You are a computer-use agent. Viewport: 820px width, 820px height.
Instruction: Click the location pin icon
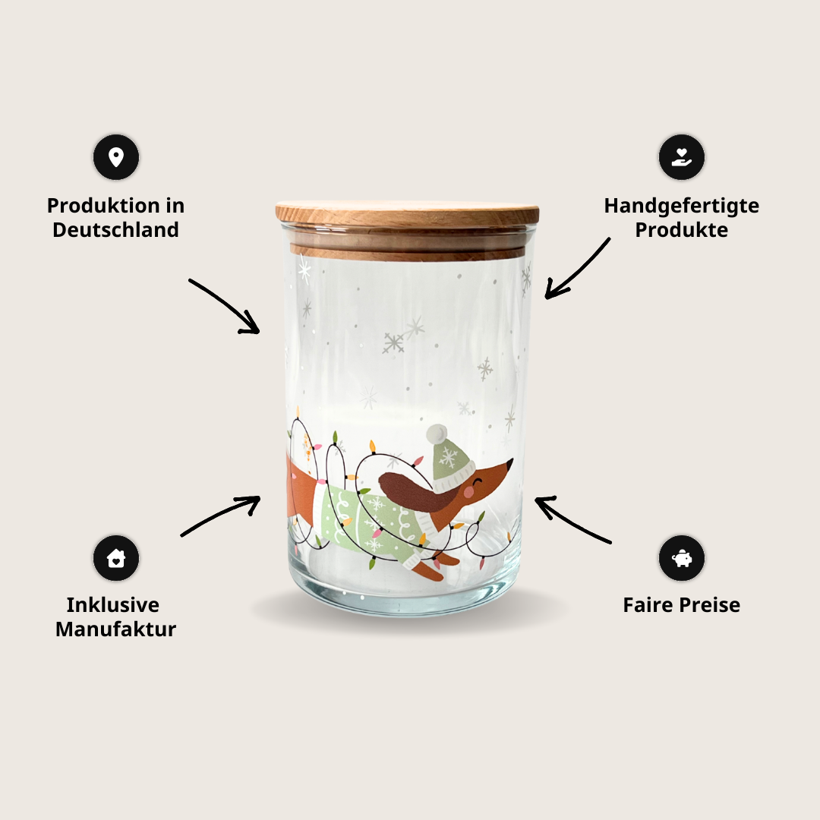[116, 157]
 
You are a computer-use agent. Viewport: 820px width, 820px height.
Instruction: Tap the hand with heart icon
[681, 157]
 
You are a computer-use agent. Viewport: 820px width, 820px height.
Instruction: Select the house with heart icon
[116, 558]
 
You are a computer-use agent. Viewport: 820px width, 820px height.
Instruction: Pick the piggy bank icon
[681, 558]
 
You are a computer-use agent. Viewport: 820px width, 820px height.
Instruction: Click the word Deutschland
[115, 229]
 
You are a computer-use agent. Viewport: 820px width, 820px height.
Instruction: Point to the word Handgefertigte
[681, 206]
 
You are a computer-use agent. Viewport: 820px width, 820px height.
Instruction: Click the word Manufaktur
[115, 629]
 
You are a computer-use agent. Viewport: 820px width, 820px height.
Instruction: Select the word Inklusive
[113, 605]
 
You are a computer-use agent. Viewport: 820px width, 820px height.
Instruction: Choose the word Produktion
[103, 206]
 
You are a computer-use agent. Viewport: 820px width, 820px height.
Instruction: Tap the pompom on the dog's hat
[437, 434]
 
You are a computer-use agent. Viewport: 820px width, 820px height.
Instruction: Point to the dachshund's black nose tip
[511, 461]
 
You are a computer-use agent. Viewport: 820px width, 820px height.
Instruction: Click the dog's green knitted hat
[449, 460]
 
